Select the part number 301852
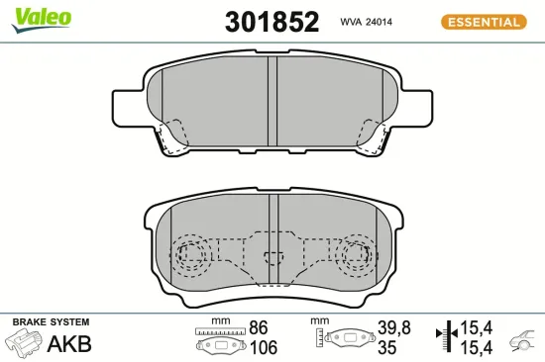pos(259,21)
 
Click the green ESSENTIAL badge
pos(483,21)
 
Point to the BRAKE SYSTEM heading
pos(51,322)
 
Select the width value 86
pos(259,327)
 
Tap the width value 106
pos(264,347)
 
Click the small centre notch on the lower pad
pos(271,262)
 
